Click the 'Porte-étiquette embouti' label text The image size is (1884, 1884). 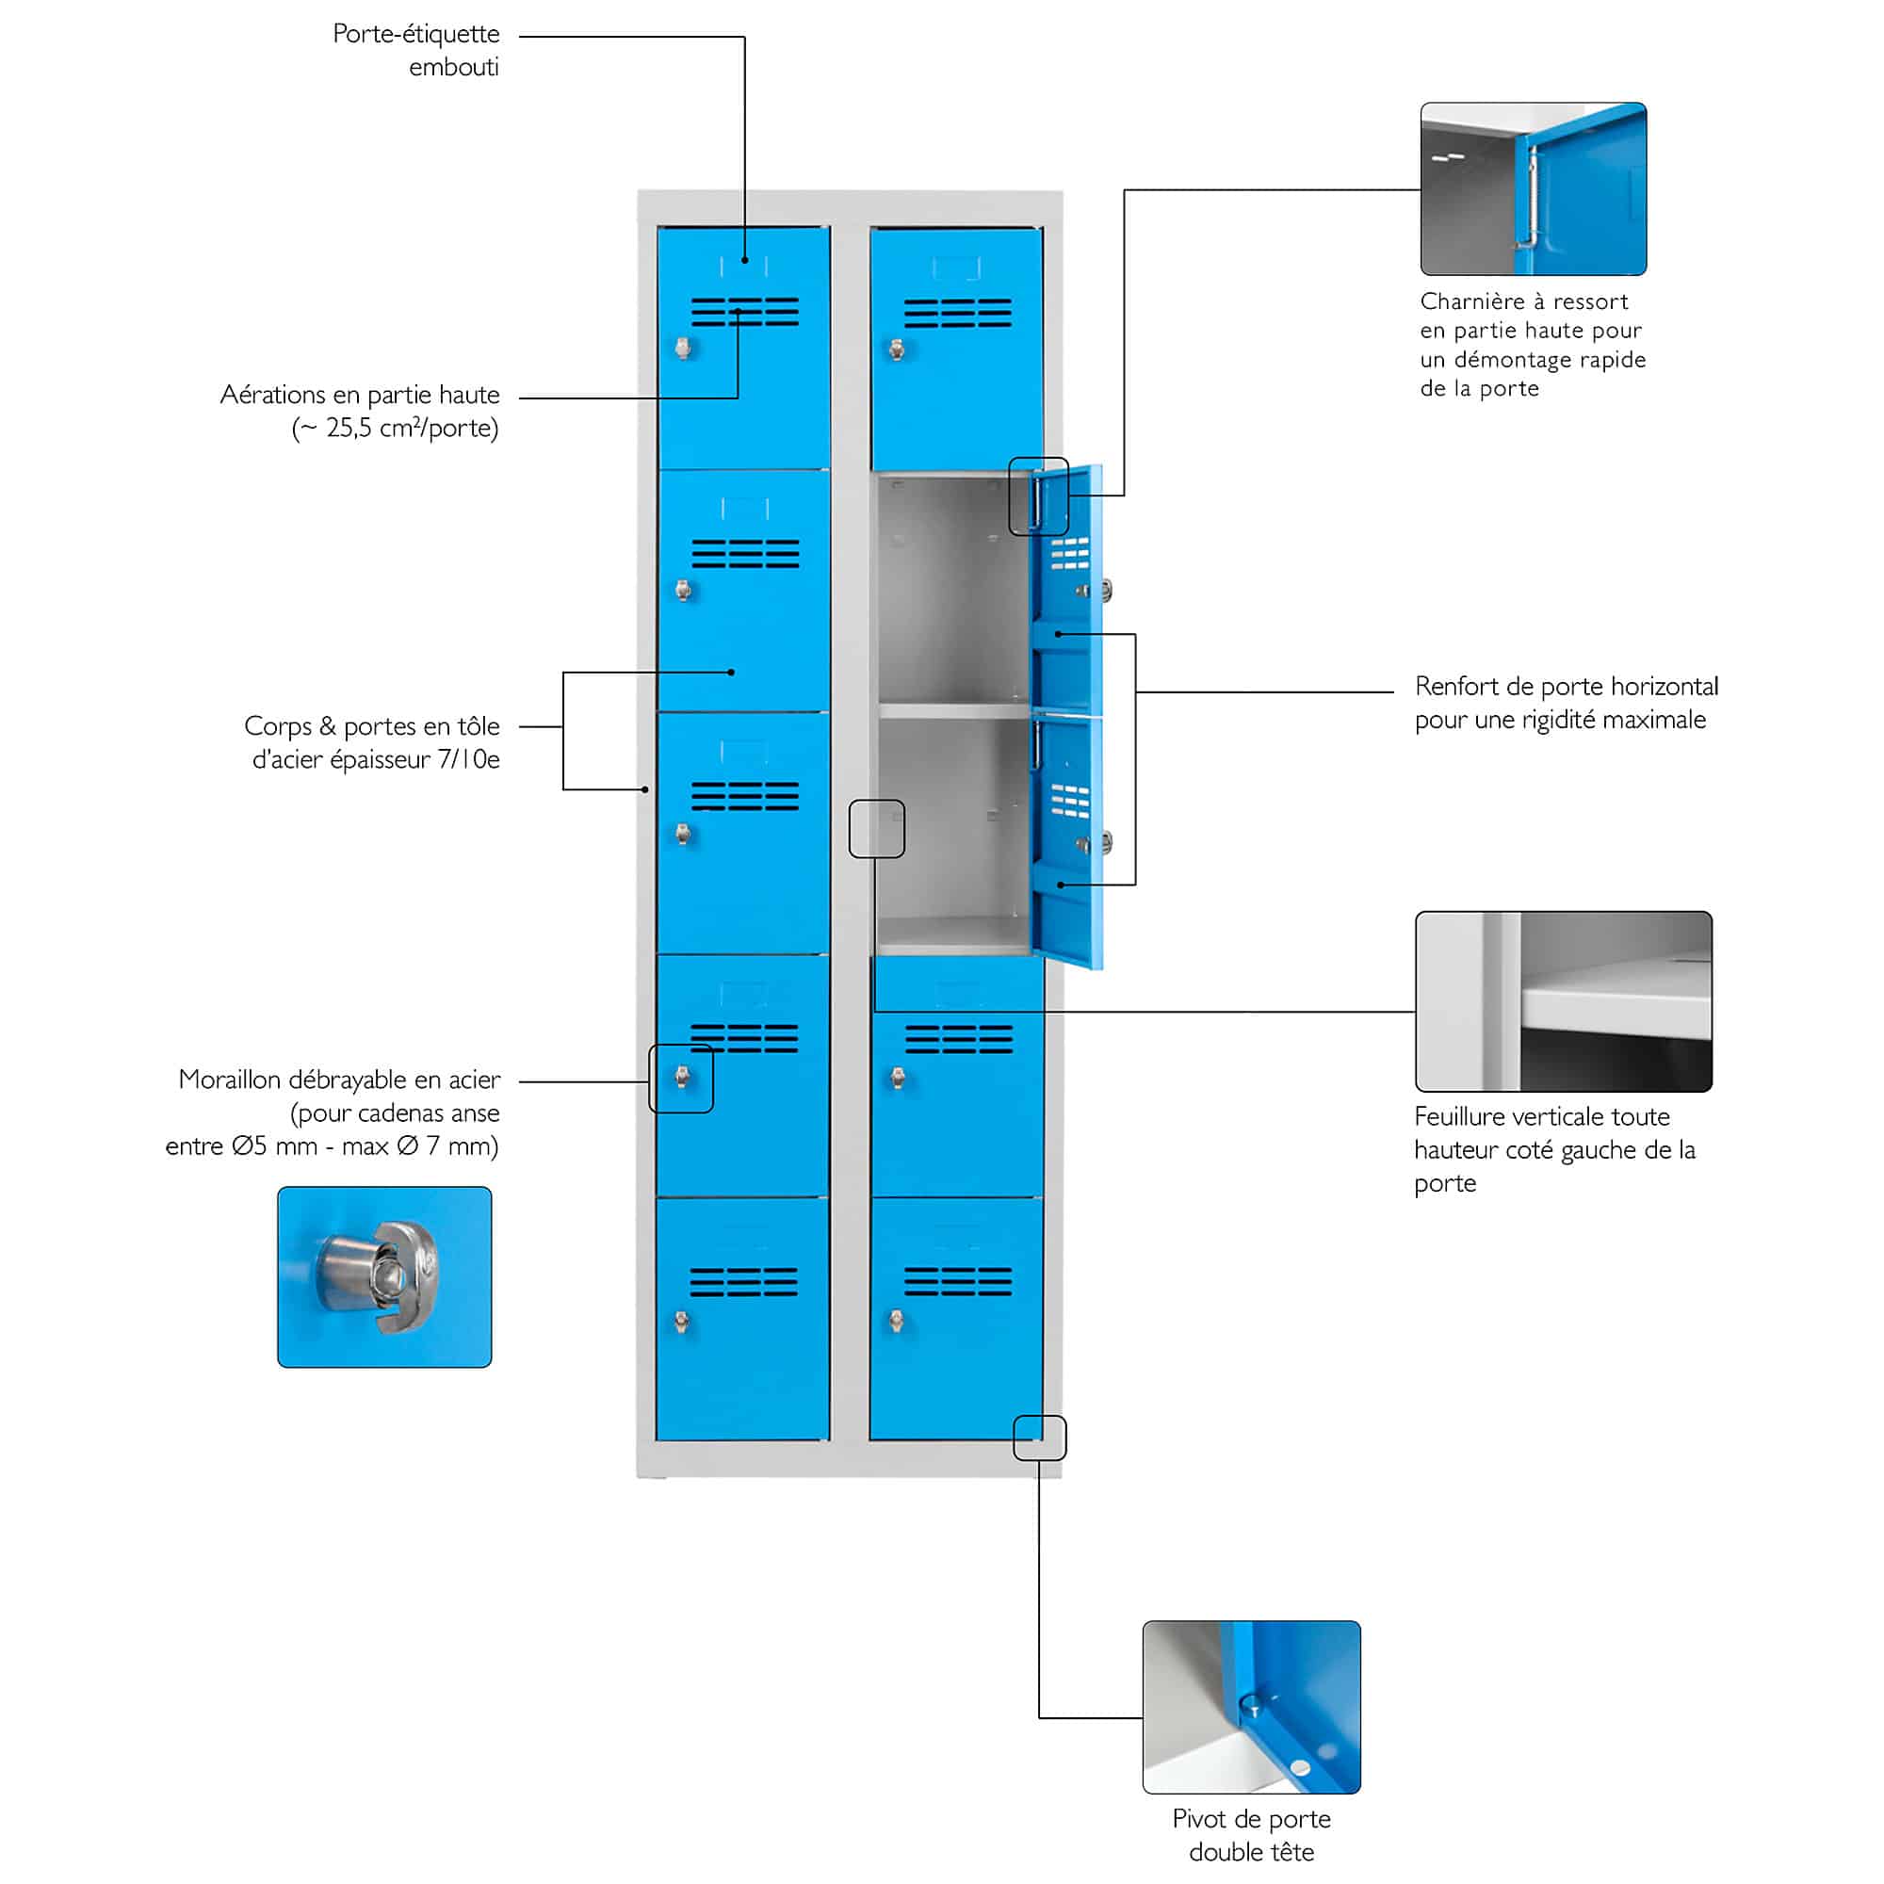[x=416, y=50]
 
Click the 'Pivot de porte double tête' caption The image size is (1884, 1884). [x=1251, y=1834]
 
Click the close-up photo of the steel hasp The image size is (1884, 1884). [x=384, y=1276]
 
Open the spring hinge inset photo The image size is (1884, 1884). [x=1533, y=188]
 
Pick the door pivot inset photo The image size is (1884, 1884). [x=1251, y=1707]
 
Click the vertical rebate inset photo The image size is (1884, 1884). [x=1563, y=1001]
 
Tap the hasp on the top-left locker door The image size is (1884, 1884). [x=684, y=348]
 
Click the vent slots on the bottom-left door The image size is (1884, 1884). [x=744, y=1281]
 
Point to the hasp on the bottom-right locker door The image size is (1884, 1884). [x=897, y=1322]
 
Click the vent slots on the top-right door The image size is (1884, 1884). [x=958, y=313]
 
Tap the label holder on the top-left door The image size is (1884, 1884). [x=744, y=267]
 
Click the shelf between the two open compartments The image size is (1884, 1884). [x=954, y=711]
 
